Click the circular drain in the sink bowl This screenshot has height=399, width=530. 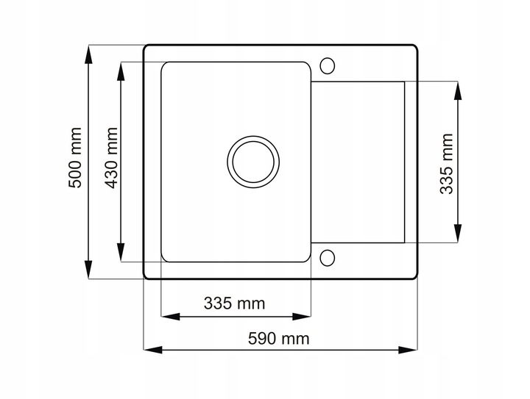click(x=253, y=160)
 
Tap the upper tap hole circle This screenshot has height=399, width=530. click(x=328, y=65)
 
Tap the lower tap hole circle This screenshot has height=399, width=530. click(x=328, y=258)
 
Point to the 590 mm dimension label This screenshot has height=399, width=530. click(x=278, y=339)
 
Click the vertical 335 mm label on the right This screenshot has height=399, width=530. click(x=446, y=163)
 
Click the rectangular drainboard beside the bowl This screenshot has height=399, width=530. click(x=358, y=162)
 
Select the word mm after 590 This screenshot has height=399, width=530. click(x=295, y=339)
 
